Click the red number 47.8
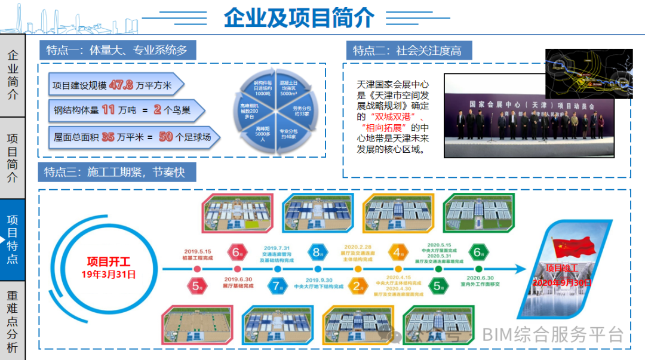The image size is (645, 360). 121,85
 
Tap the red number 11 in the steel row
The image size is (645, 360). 108,110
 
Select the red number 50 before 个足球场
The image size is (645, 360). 166,137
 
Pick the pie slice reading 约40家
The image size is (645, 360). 290,133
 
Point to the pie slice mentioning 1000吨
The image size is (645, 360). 263,88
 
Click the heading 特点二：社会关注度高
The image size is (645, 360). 407,50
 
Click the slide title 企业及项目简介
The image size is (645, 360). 299,18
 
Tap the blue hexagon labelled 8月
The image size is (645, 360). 317,252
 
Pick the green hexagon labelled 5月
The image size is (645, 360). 439,286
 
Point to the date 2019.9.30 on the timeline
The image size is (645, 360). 318,279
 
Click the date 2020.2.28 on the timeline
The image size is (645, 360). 358,246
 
